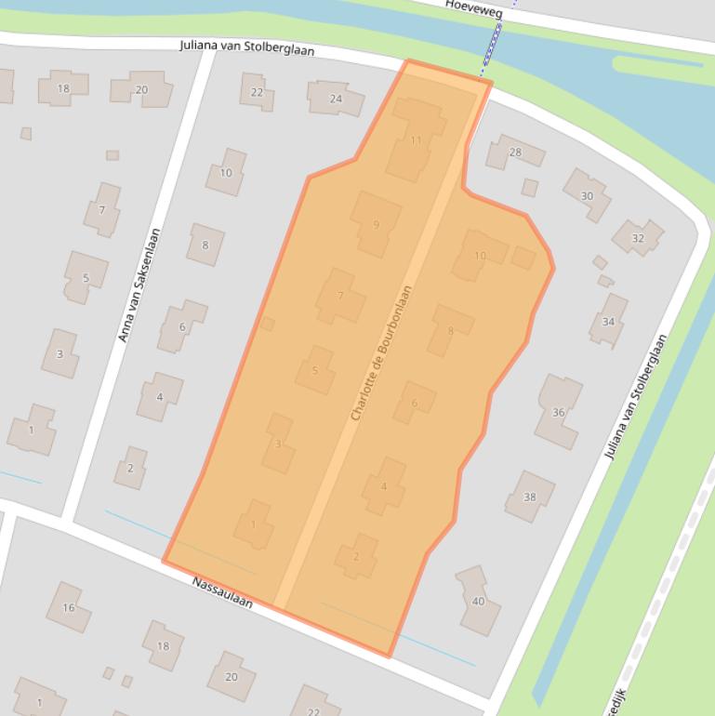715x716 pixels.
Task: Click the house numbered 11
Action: [x=415, y=140]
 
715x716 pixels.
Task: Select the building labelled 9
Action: [x=376, y=224]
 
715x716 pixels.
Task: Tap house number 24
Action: [x=336, y=98]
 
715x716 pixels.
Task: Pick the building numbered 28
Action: [x=514, y=152]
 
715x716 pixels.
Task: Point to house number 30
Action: [x=587, y=195]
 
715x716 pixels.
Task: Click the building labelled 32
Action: [x=638, y=238]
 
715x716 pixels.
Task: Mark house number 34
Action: [x=608, y=321]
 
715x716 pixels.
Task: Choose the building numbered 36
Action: [x=558, y=411]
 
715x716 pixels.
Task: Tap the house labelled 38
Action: [x=529, y=497]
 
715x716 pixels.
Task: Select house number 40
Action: [x=478, y=601]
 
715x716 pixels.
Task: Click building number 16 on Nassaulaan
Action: [x=69, y=607]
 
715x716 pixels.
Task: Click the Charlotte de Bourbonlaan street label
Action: [x=380, y=353]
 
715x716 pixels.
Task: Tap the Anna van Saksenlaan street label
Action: [x=140, y=285]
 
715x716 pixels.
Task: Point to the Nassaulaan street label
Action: [x=222, y=592]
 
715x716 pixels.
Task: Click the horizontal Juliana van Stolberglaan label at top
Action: [x=246, y=48]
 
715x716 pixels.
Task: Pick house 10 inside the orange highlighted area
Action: [x=480, y=255]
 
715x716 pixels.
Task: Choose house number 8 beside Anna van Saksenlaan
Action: [x=205, y=245]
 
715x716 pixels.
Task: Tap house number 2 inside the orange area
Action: [x=356, y=556]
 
